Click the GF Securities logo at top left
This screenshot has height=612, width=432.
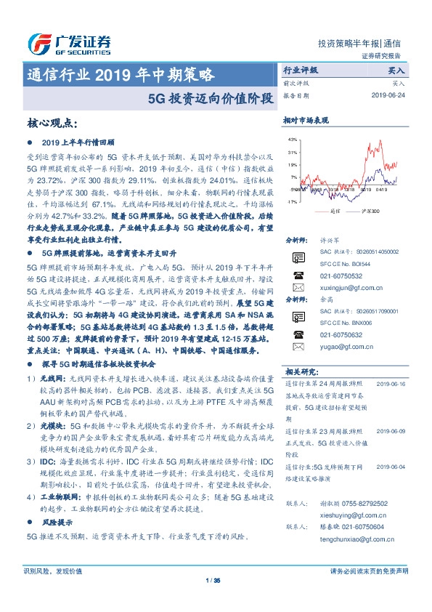click(69, 44)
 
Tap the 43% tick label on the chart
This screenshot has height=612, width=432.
click(292, 139)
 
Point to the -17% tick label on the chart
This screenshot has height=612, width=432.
click(291, 201)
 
